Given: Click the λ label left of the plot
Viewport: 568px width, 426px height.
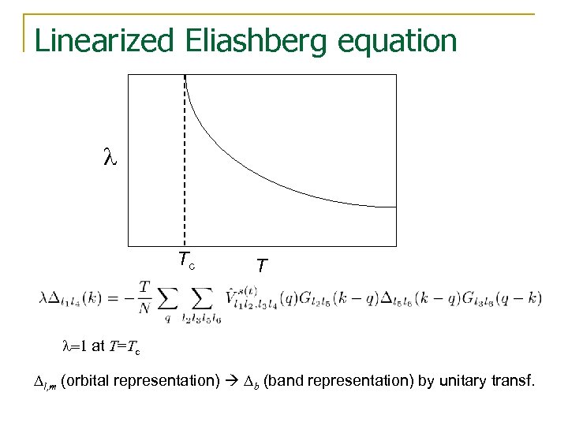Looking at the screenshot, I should (110, 158).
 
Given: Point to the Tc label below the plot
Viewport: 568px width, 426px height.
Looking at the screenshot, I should (186, 260).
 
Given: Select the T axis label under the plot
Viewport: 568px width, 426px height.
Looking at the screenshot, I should (261, 267).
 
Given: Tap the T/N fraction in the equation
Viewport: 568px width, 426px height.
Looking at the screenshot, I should (144, 298).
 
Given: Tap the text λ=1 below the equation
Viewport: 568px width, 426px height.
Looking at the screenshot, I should (75, 345).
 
